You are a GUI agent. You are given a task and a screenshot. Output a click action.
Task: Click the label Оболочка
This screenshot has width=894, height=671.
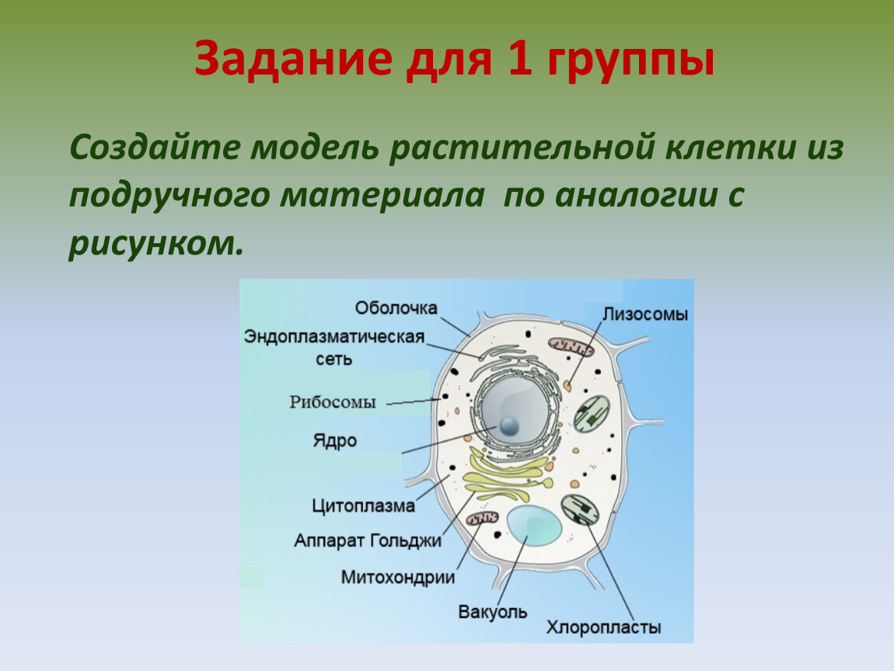(x=396, y=308)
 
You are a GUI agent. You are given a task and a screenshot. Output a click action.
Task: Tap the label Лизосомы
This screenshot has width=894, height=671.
(x=645, y=314)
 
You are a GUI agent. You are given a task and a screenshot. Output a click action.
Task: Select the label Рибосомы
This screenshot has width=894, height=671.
(x=333, y=402)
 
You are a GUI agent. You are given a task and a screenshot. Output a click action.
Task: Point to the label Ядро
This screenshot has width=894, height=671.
(x=335, y=440)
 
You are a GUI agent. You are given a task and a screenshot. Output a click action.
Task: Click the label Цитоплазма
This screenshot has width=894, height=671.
(x=363, y=506)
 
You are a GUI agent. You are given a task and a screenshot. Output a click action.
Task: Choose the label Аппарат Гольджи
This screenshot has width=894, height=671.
(x=368, y=540)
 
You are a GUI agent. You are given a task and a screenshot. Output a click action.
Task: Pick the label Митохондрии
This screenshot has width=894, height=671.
(x=398, y=577)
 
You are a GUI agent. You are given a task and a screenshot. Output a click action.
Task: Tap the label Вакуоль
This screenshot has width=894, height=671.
(x=493, y=612)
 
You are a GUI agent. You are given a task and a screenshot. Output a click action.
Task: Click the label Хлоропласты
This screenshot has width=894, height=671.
(x=604, y=628)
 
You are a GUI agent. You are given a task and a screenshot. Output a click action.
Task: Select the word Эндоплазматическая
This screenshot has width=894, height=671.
(x=334, y=336)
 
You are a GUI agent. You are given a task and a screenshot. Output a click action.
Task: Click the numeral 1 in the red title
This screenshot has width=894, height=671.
(x=519, y=58)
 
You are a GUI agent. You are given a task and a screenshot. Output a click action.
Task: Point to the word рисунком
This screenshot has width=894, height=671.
(x=155, y=243)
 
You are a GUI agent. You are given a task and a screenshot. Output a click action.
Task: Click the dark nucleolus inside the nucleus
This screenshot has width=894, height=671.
(x=508, y=425)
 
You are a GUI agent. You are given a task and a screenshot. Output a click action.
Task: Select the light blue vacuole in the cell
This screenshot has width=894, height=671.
(x=533, y=526)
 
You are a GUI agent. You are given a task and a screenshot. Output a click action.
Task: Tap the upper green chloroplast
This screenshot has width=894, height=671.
(x=592, y=413)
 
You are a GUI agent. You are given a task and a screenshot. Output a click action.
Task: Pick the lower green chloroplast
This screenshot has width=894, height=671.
(x=581, y=509)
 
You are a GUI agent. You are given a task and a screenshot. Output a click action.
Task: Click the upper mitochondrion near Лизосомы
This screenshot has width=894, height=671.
(x=571, y=346)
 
